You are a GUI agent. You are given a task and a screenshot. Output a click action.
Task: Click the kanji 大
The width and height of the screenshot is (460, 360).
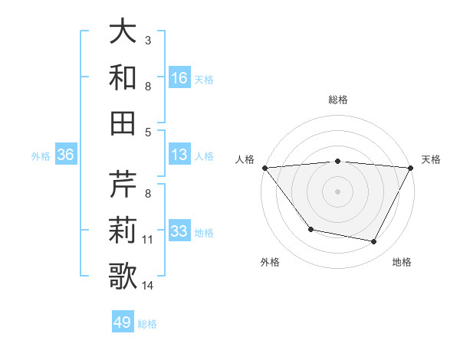point(123,31)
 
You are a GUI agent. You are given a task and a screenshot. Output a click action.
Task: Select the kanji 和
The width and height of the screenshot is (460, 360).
point(123,77)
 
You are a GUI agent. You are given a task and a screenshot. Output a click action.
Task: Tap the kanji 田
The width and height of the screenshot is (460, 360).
point(123,123)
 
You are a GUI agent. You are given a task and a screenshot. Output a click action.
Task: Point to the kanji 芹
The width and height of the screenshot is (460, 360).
point(123,185)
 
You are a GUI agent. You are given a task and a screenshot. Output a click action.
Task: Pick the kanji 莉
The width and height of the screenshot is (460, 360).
point(123,231)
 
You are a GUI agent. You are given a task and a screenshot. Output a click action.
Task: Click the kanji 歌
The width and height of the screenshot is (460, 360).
point(123,277)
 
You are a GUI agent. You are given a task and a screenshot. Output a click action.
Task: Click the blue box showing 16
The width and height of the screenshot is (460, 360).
point(179,77)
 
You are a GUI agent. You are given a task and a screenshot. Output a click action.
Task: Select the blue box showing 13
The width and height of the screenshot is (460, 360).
point(179,155)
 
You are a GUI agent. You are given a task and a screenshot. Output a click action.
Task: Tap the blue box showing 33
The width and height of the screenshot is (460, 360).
point(179,231)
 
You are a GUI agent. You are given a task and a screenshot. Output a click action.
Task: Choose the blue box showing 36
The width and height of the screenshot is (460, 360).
point(65,155)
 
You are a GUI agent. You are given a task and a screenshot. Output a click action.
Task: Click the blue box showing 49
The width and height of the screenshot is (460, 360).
point(123,322)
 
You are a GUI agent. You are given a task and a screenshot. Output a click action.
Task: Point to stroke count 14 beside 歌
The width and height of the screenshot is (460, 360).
point(148,286)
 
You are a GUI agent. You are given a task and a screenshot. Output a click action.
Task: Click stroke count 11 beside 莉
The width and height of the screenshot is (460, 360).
point(148,240)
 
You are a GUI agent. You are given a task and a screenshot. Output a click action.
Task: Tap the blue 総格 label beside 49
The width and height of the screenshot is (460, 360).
point(147,324)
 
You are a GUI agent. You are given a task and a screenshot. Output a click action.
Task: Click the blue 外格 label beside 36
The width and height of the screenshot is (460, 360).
point(41,156)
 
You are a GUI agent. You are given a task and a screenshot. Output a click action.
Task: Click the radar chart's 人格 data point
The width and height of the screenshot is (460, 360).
point(264,168)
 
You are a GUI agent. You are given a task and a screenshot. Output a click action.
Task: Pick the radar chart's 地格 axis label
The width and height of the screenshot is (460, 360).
point(402,262)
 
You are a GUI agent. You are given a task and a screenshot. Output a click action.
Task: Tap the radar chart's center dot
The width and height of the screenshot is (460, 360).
point(338,191)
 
